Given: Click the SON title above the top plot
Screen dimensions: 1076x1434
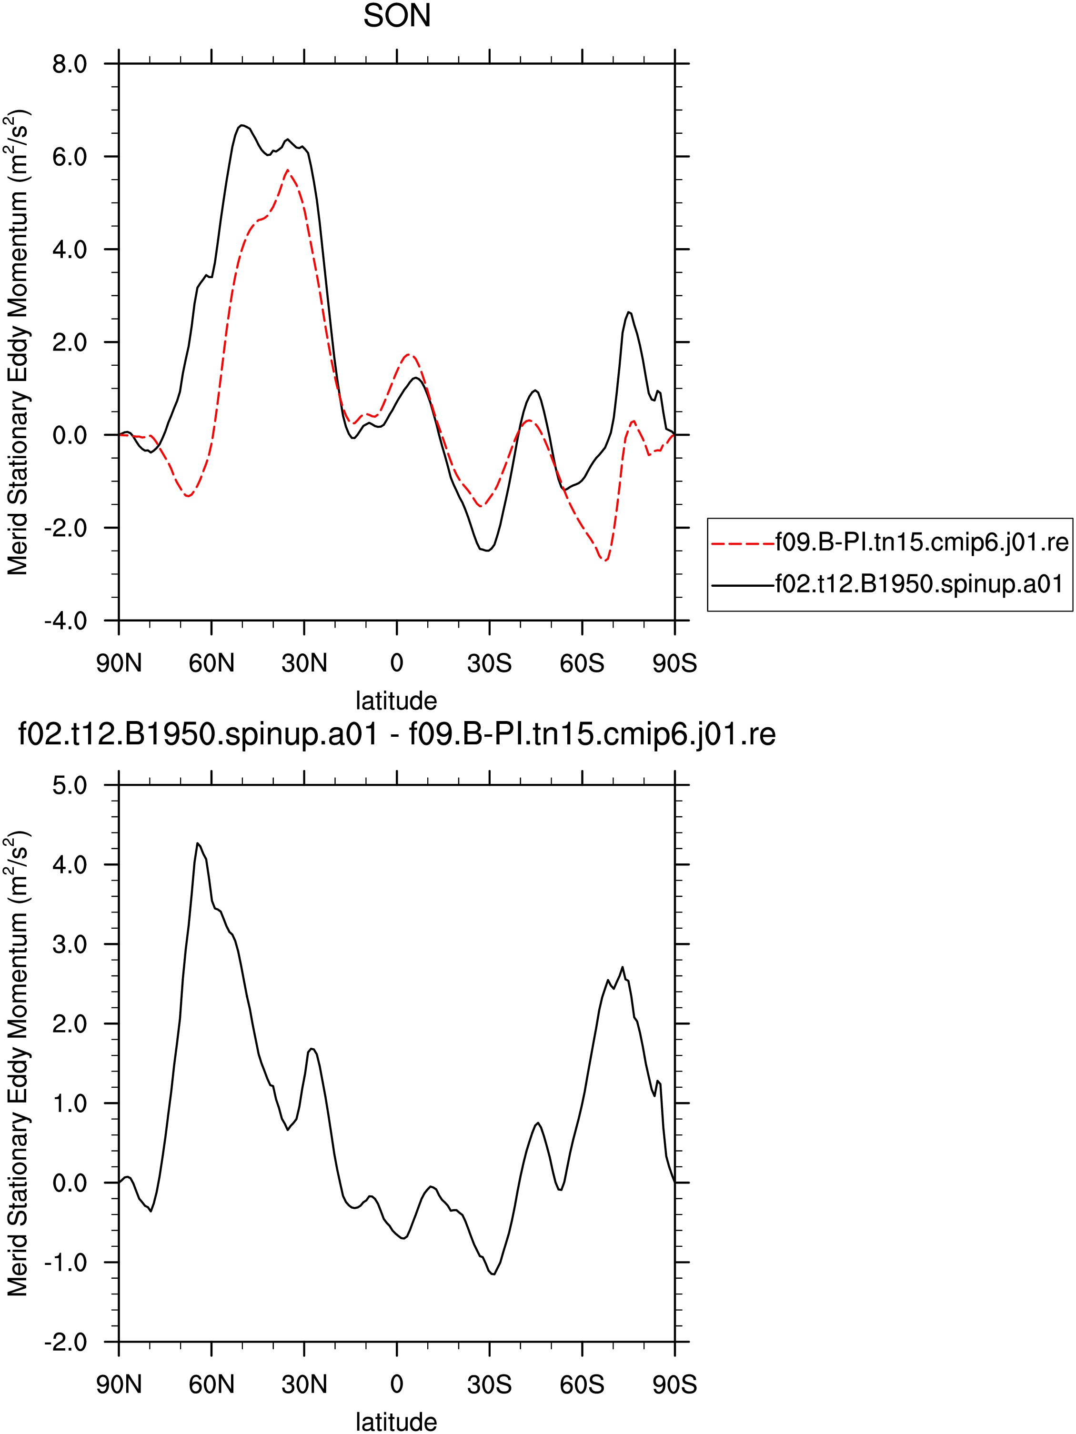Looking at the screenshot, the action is [x=397, y=16].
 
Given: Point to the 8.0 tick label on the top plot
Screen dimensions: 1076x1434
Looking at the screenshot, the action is [x=70, y=64].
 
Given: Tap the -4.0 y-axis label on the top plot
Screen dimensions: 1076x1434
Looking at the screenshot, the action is [x=65, y=621].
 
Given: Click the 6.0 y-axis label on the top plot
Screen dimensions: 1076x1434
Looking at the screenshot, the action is [x=70, y=157].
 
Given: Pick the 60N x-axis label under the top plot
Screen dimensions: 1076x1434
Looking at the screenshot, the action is [x=211, y=663].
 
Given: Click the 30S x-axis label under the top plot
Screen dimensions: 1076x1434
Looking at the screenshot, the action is [x=489, y=663].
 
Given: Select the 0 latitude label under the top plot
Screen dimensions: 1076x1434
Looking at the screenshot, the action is [x=397, y=663].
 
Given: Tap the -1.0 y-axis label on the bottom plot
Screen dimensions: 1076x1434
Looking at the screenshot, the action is [x=65, y=1262].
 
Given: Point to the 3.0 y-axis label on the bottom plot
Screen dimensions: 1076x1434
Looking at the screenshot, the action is [x=70, y=944].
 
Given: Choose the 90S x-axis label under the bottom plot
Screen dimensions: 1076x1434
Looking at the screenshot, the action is [x=675, y=1385].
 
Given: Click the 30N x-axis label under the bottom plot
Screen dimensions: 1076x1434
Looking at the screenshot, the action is [x=304, y=1385].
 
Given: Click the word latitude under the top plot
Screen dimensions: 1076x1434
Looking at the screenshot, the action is [x=397, y=701].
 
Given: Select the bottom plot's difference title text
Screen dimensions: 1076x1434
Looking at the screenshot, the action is [x=397, y=734].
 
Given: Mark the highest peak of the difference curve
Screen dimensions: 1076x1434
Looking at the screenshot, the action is [x=198, y=843].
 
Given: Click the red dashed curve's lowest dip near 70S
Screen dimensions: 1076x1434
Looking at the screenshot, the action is [x=605, y=560].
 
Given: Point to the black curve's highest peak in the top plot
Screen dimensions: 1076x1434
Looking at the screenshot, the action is [x=241, y=125].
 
